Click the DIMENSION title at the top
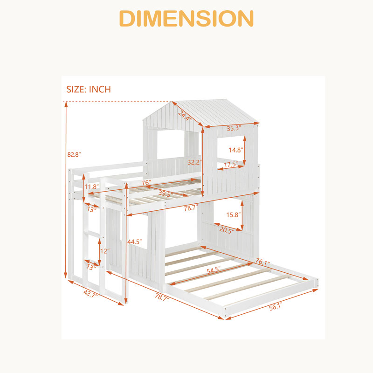(186, 19)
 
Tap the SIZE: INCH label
(89, 89)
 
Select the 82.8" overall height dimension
(74, 155)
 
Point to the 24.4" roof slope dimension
(185, 116)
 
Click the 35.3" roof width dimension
(234, 128)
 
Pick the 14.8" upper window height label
(236, 150)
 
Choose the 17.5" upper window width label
(231, 164)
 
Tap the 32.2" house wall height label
(194, 162)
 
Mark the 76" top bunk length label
(146, 183)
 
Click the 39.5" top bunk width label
(166, 193)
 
